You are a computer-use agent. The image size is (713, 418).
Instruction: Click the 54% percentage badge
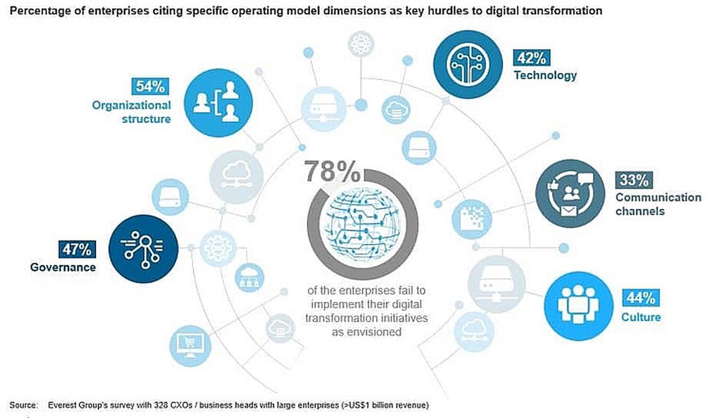click(x=150, y=86)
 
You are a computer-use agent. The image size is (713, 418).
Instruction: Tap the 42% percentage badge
click(x=531, y=58)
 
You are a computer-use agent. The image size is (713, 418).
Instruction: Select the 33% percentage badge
click(x=634, y=180)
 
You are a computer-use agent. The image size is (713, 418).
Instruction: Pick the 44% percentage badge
click(x=640, y=298)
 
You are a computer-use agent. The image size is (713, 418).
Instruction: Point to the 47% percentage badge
click(x=77, y=249)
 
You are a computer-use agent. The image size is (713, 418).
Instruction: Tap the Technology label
click(x=545, y=75)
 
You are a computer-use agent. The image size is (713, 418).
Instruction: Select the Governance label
click(x=63, y=267)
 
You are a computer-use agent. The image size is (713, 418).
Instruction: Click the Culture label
click(x=641, y=317)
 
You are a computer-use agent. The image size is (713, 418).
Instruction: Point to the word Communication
click(x=658, y=197)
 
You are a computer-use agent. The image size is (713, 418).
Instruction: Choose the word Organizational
click(x=131, y=106)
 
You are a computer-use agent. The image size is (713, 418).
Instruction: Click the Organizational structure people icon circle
click(x=218, y=103)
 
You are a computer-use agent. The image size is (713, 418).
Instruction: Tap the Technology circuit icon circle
click(x=467, y=65)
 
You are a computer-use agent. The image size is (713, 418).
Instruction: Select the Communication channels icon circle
click(x=570, y=194)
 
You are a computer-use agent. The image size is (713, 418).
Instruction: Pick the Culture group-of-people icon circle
click(x=578, y=306)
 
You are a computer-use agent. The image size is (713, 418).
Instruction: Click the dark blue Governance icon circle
click(x=143, y=249)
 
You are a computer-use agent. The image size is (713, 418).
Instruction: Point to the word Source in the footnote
click(x=23, y=405)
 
